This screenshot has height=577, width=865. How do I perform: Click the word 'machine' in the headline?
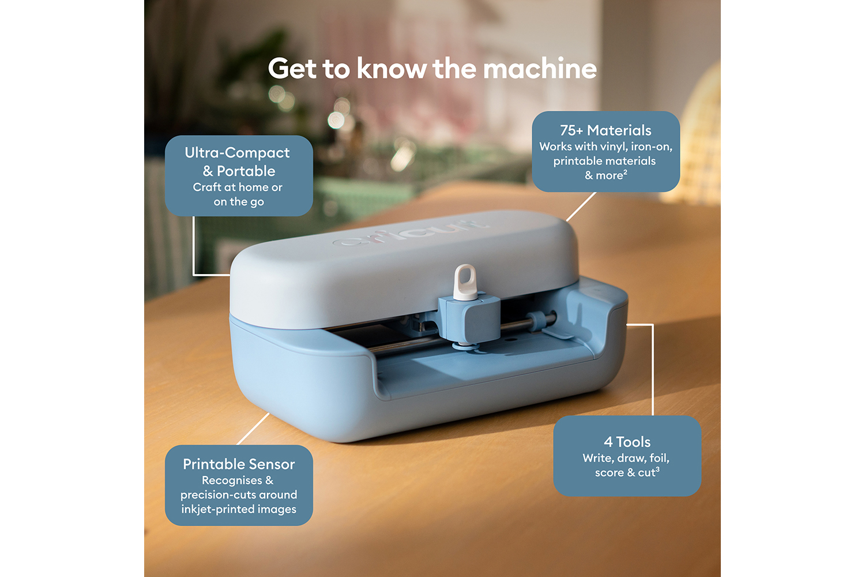[x=540, y=69]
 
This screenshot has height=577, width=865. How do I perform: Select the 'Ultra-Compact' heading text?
[x=237, y=153]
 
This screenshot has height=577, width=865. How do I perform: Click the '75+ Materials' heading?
[x=605, y=130]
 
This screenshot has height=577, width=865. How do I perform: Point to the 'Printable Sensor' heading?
[x=239, y=464]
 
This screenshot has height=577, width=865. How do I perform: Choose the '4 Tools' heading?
[x=627, y=442]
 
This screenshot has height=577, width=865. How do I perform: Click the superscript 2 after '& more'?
[x=625, y=171]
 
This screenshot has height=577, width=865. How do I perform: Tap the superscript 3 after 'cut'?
[x=657, y=469]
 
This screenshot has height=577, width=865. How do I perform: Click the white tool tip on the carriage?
[x=465, y=282]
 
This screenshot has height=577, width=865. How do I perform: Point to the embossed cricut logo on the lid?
[x=409, y=234]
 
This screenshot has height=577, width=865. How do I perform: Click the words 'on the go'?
[x=239, y=202]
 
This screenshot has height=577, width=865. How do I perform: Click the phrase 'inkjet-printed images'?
[x=239, y=509]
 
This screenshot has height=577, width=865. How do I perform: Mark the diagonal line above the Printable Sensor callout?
[x=253, y=429]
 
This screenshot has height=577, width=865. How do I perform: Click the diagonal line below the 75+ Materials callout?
[x=581, y=207]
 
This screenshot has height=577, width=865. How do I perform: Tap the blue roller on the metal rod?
[x=536, y=321]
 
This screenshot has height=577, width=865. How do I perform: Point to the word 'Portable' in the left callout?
[x=246, y=171]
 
